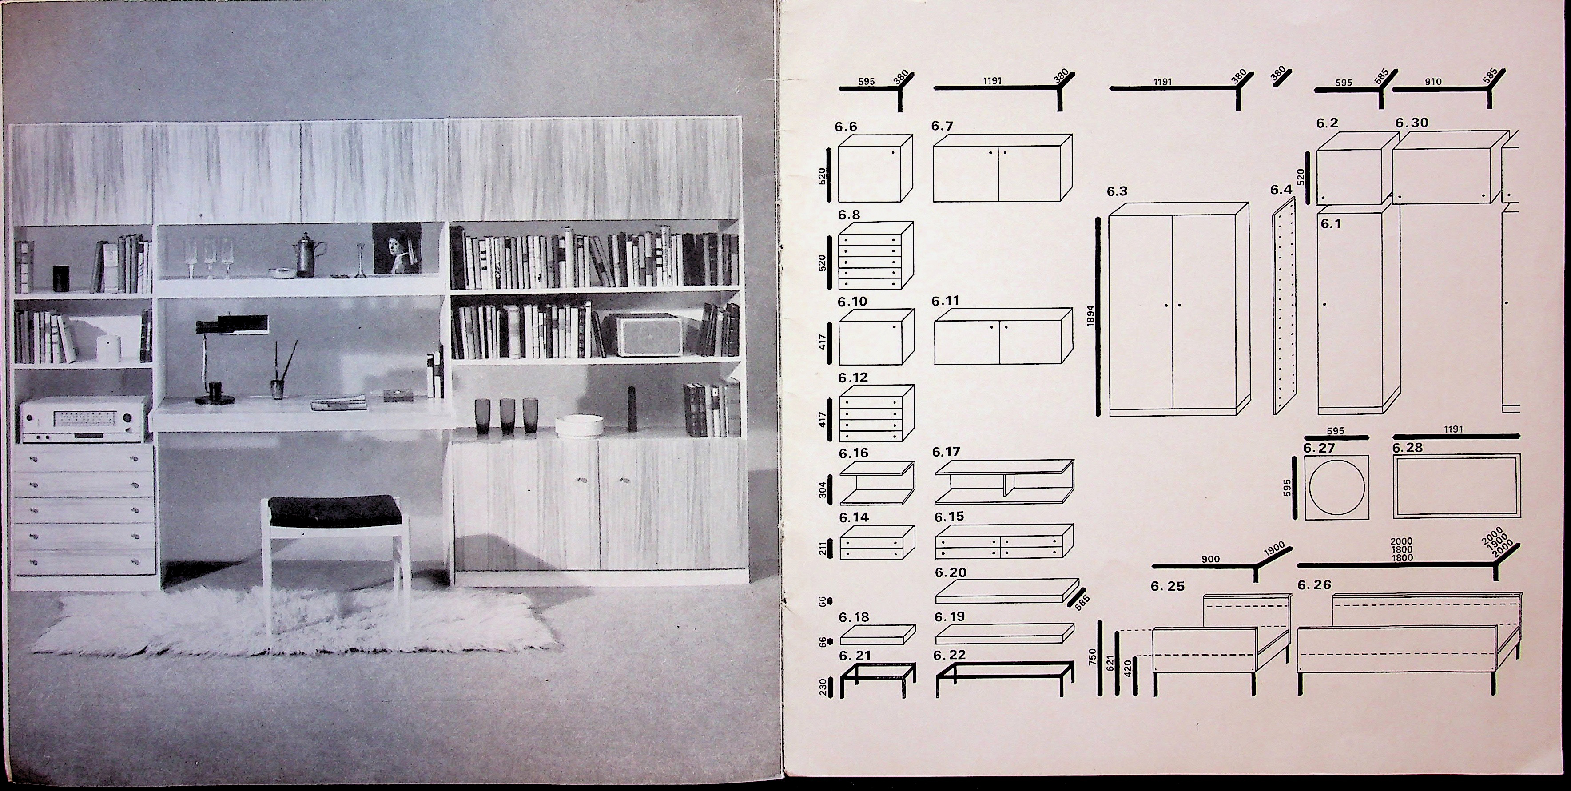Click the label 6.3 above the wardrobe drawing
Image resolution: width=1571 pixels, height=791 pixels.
[x=1117, y=191]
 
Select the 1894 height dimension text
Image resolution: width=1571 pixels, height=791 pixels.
[x=1091, y=315]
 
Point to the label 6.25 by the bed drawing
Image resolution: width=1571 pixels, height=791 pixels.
[x=1167, y=586]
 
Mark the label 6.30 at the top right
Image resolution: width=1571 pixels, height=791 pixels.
[x=1412, y=123]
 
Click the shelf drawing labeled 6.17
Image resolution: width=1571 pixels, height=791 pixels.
[x=1004, y=482]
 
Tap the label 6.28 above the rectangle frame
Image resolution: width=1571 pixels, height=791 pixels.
[x=1408, y=448]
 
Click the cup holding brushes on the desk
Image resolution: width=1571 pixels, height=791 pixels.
[x=278, y=389]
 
